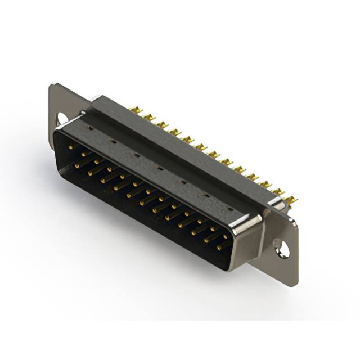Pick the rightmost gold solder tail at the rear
[291, 200]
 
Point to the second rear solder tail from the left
[148, 117]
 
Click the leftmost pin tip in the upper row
[71, 147]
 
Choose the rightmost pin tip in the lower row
[219, 247]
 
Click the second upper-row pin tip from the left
[84, 154]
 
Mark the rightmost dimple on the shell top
[229, 209]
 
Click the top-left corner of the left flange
[52, 85]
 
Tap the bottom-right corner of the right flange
[294, 286]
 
